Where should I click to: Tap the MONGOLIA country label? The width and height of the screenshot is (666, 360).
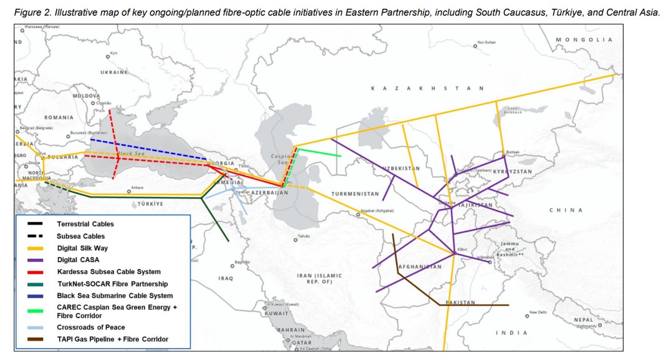tap(584, 39)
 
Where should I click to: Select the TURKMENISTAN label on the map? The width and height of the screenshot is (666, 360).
tap(355, 194)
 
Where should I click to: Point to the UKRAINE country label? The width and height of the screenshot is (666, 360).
tap(114, 72)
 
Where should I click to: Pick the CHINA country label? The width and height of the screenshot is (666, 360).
tap(566, 210)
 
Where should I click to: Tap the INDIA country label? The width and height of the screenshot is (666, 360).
tap(511, 333)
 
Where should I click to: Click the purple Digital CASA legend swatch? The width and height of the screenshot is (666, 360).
tap(35, 260)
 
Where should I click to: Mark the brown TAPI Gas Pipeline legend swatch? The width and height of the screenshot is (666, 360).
tap(35, 339)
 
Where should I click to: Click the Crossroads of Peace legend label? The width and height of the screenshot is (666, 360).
tap(90, 327)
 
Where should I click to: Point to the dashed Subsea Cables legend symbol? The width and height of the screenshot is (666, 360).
tap(35, 236)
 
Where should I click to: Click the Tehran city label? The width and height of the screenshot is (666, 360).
tap(304, 236)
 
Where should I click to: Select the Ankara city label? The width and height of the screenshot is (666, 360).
tap(137, 187)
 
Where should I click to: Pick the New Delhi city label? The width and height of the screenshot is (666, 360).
tap(537, 313)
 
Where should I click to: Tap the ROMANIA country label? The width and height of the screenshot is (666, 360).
tap(59, 117)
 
